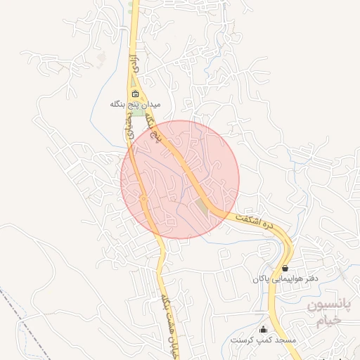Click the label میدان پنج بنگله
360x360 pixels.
point(135,104)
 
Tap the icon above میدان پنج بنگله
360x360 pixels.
point(136,94)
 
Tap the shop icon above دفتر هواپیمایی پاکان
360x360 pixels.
point(284,268)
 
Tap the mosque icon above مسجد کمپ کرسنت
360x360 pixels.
point(264,329)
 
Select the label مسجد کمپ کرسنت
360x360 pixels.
point(264,340)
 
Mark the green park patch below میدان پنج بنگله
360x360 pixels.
point(141,112)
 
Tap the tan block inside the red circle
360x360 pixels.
point(202,207)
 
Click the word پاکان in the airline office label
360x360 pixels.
point(263,278)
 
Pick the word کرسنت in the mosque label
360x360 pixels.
point(243,340)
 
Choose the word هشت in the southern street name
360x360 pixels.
point(169,322)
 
